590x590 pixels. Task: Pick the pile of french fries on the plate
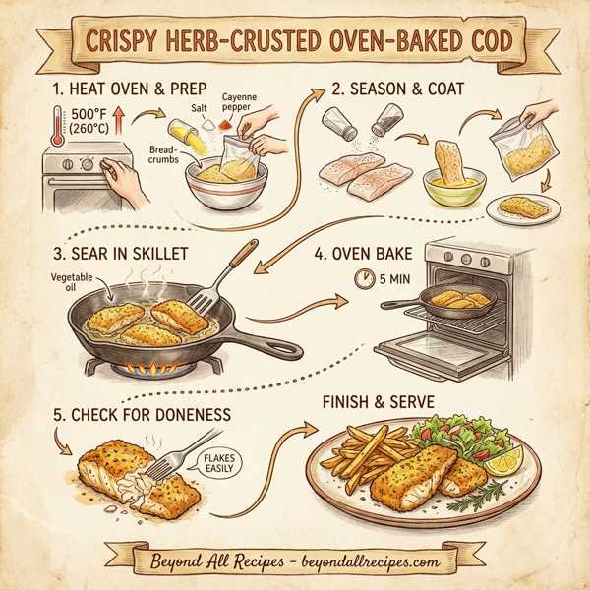click(364, 461)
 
